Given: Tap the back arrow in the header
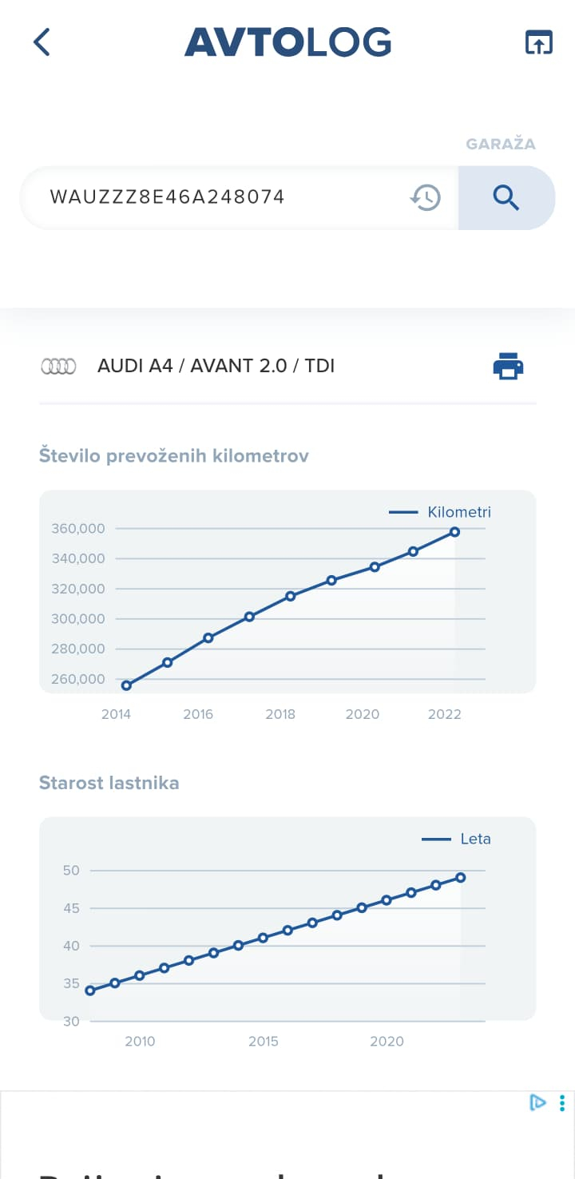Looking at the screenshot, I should point(42,42).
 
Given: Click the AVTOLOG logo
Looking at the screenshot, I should point(287,42).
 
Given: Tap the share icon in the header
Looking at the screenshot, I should point(539,42).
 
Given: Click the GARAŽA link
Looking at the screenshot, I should point(501,144).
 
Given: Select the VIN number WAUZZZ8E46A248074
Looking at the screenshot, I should point(167,196).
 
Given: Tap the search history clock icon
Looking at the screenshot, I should point(426,196).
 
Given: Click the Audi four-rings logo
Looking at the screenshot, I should point(58,367).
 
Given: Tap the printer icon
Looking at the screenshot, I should point(508,366).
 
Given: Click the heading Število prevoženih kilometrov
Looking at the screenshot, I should point(174,455).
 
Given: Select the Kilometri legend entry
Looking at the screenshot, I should point(441,512).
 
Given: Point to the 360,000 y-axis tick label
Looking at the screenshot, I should point(78,528).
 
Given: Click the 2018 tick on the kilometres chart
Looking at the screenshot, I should point(280,714).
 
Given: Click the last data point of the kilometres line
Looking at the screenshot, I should point(454,532).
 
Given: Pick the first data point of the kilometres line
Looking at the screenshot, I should point(126,685).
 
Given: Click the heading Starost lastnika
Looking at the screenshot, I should point(109,783).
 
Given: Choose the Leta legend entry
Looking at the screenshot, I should point(457,839).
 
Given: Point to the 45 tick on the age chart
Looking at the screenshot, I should point(72,908).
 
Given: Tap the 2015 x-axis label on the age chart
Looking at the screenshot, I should point(263,1041).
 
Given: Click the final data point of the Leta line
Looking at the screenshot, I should point(461,878).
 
